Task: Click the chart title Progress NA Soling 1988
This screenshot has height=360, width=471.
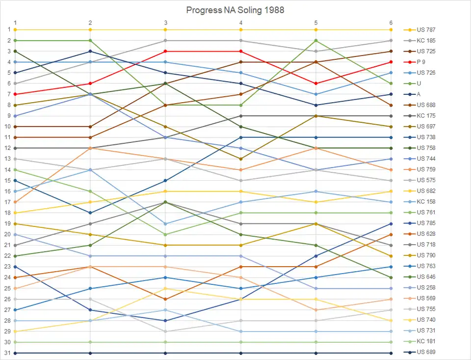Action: coord(235,10)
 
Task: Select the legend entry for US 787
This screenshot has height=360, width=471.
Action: coord(426,30)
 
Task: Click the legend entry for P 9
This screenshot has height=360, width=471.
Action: coord(421,62)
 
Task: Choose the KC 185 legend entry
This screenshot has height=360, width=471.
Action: coord(426,41)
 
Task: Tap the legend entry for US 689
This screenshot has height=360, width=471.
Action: coord(426,352)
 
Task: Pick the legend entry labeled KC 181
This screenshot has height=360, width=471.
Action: coord(426,341)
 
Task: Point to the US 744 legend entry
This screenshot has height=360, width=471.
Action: coord(426,159)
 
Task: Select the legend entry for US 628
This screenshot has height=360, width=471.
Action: coord(426,234)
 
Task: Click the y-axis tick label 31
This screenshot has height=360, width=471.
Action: coord(8,353)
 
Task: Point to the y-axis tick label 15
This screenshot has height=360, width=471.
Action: coord(8,180)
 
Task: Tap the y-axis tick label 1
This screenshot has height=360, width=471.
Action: coord(8,29)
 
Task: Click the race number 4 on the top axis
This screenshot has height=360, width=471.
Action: coord(240,23)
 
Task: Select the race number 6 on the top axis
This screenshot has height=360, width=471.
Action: coord(391,23)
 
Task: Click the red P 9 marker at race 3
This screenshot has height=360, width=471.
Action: coord(165,51)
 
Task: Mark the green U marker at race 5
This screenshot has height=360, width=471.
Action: coord(316,40)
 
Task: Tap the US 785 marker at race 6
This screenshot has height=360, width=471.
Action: coord(391,223)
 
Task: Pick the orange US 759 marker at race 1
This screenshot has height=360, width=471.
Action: coord(15,202)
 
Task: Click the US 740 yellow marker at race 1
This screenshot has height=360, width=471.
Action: coord(15,331)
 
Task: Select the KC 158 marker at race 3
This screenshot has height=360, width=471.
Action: coord(165,223)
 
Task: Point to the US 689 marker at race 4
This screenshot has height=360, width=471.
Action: coord(240,353)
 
